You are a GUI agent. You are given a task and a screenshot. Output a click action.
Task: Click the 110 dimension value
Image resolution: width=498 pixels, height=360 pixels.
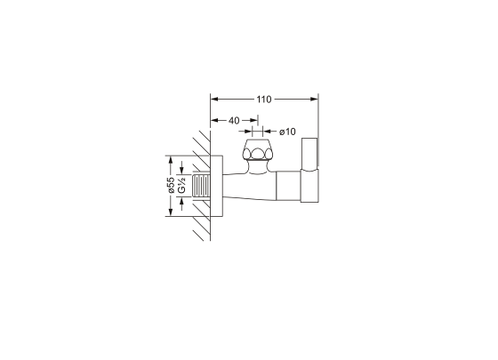pos(264,100)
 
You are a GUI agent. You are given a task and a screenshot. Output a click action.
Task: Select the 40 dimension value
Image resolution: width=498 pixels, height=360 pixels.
pos(234,121)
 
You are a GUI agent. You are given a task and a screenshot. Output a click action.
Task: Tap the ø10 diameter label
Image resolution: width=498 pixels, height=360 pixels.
pos(287,132)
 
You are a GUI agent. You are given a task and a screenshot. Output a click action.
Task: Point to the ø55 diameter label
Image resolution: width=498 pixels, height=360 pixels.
pos(171,185)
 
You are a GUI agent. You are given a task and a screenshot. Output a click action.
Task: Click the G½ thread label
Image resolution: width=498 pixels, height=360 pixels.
pos(181,186)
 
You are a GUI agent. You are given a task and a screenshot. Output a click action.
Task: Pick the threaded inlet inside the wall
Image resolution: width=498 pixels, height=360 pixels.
pos(201,186)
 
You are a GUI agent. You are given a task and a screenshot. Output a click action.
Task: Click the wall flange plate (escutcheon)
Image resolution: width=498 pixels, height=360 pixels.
pos(216,186)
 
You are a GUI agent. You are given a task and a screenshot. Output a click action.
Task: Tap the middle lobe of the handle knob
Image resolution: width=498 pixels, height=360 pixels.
pos(258,154)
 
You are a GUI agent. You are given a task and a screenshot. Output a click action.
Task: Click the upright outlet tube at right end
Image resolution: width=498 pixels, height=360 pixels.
pos(309,170)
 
